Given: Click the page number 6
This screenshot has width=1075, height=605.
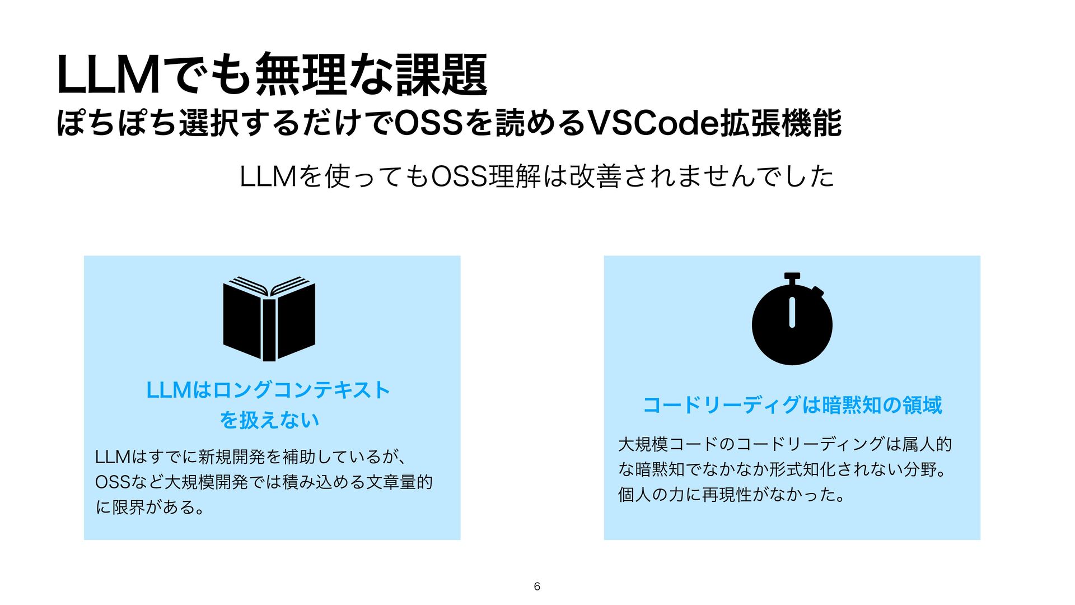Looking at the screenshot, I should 537,587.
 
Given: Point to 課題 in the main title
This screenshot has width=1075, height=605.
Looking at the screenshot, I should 441,75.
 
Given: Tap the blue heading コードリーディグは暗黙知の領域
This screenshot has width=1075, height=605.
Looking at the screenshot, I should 792,405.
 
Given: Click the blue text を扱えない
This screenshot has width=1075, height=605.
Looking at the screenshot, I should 269,420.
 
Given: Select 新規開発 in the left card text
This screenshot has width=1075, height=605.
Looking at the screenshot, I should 232,457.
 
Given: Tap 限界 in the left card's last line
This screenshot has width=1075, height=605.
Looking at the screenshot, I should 129,508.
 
